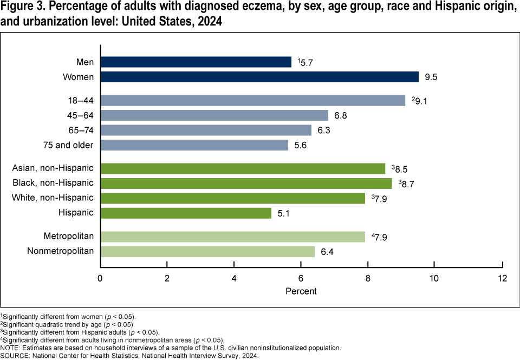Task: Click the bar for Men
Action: pos(196,62)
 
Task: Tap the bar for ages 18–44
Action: pos(252,100)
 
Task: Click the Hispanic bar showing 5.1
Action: pos(186,213)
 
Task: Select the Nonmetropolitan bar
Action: pos(207,251)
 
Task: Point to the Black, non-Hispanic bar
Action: pos(246,183)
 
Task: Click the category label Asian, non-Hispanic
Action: pos(53,168)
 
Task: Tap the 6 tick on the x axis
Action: pos(301,278)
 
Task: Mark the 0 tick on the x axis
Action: pos(100,278)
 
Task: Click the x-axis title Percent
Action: pos(301,291)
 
